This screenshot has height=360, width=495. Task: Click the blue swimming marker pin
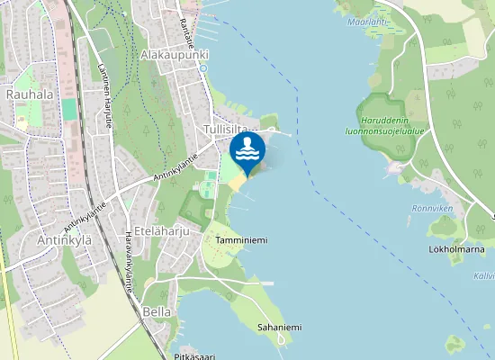click(x=246, y=150)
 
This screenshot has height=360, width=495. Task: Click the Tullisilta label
click(x=225, y=130)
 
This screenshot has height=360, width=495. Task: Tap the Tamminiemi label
click(x=242, y=240)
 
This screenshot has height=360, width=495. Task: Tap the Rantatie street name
click(x=187, y=32)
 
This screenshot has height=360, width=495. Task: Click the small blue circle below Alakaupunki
click(x=203, y=68)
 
